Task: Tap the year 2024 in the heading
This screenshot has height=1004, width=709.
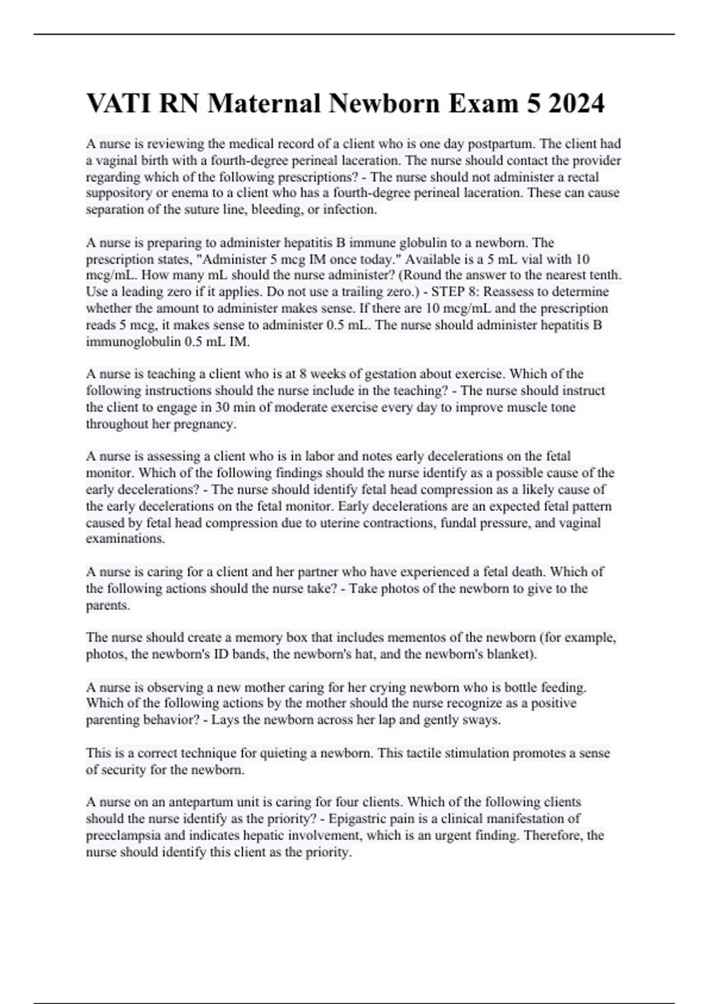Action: coord(576,103)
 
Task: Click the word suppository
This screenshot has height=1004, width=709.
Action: coord(116,193)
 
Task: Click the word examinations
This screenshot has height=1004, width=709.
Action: coord(125,539)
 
